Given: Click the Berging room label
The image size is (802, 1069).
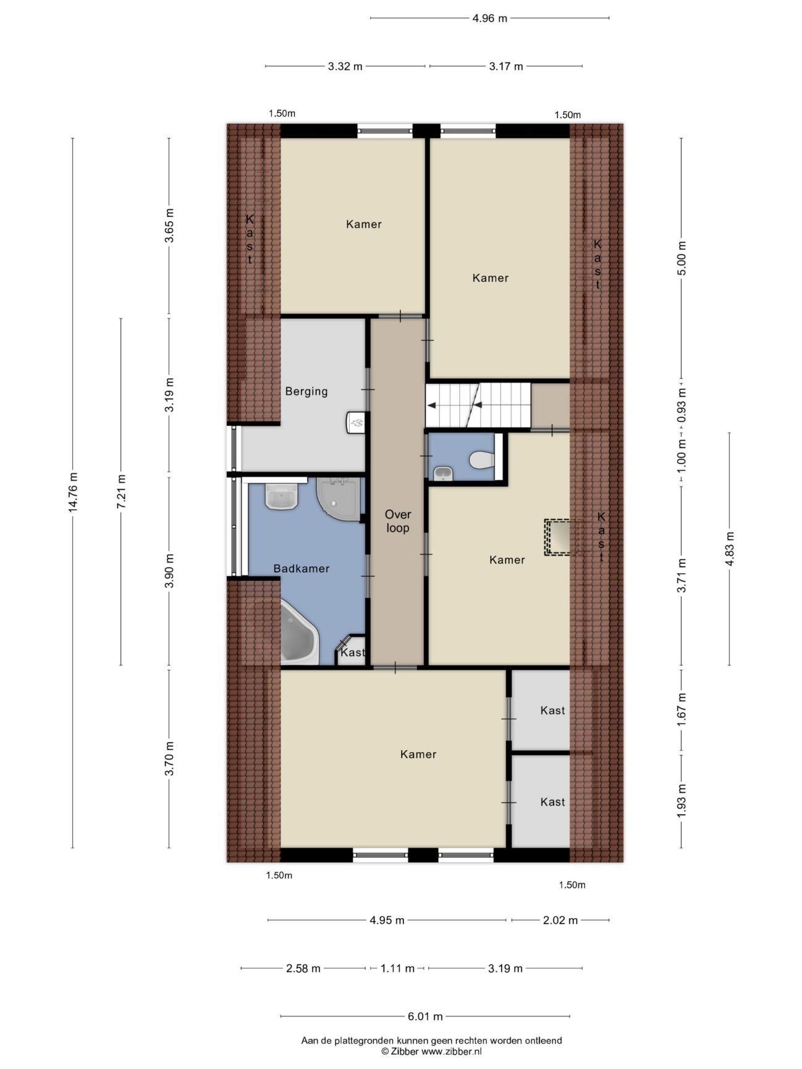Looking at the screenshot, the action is tap(306, 391).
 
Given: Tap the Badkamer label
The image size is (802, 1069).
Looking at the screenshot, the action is tap(302, 568).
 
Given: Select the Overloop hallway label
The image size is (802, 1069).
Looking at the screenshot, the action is tap(397, 521).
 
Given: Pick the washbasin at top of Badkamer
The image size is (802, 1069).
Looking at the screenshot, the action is tap(282, 496).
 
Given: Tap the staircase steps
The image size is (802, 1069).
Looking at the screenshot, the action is tap(478, 405).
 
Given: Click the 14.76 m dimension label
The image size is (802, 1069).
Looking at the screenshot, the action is tap(73, 492).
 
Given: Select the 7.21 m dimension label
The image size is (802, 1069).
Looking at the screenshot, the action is tap(121, 492).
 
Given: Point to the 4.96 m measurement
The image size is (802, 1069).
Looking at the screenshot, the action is tap(490, 18).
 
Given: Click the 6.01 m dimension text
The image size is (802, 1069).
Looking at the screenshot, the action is tap(425, 1016).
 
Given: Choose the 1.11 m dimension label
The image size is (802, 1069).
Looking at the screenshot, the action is tap(397, 968).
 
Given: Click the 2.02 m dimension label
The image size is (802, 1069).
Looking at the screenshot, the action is tap(560, 920).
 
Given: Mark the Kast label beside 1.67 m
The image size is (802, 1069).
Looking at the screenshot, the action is tap(552, 711).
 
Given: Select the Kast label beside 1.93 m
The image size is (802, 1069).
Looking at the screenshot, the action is tap(552, 802).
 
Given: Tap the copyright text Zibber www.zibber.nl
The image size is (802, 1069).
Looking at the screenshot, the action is tap(431, 1050).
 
